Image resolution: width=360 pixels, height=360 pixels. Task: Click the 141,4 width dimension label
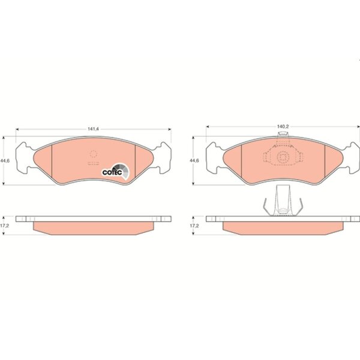click(93, 129)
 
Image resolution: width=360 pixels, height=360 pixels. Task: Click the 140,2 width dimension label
click(283, 126)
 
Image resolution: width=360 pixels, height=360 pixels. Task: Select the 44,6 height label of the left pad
click(5, 161)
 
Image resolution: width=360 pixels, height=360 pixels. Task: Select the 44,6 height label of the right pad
click(194, 161)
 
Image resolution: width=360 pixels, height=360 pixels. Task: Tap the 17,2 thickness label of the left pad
click(4, 226)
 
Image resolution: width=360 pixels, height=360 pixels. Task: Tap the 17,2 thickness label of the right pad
click(194, 226)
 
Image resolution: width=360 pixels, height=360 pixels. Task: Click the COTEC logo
click(115, 171)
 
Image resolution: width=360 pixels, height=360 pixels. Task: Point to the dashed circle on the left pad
click(93, 154)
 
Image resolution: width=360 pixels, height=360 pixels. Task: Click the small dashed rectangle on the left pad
click(93, 163)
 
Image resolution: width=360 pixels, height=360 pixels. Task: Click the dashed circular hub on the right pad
click(283, 157)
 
